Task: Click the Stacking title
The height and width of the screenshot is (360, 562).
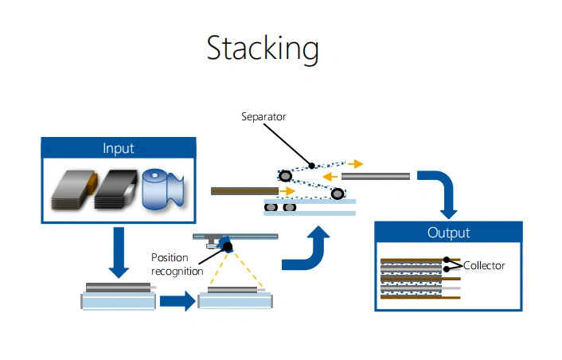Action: [x=263, y=49]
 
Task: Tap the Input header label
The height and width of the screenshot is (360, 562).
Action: [x=119, y=148]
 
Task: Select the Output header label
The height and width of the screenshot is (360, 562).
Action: [x=448, y=233]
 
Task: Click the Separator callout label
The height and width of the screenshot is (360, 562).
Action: [x=263, y=116]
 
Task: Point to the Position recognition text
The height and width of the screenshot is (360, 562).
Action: [x=177, y=264]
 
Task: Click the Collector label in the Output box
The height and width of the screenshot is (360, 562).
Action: [x=484, y=266]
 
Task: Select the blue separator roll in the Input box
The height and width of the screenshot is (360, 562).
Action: [x=163, y=189]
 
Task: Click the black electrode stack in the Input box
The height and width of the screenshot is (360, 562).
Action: [x=115, y=190]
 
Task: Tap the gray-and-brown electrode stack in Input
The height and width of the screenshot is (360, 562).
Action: [x=74, y=190]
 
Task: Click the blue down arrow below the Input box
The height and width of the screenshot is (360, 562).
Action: [x=119, y=252]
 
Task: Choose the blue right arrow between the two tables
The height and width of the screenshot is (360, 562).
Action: [x=178, y=301]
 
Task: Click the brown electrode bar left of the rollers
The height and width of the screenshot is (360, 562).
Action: [x=245, y=191]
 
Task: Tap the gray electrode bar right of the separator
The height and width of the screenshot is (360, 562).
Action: [x=375, y=176]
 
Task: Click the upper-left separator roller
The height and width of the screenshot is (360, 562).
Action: [x=285, y=176]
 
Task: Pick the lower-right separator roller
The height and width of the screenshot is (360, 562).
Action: [x=338, y=194]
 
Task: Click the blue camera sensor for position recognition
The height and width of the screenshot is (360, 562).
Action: [x=226, y=245]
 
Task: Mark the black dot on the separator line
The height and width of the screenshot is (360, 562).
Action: [x=312, y=166]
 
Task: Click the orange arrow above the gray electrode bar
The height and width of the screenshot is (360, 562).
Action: [x=356, y=164]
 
